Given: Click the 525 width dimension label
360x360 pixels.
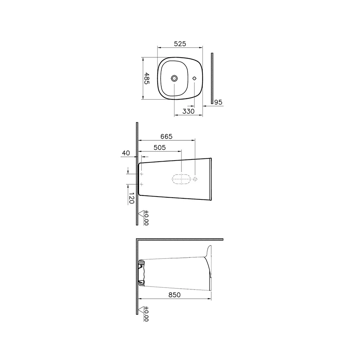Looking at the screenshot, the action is coord(180,44).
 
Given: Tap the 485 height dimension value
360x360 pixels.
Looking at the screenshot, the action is coord(147,78).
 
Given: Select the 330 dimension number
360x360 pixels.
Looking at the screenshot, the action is coord(188,111).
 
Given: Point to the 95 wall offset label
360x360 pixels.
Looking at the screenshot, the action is coord(219,102).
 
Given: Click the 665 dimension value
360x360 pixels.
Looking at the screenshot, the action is coord(166,136).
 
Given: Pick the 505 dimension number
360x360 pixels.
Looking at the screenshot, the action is coord(159,147).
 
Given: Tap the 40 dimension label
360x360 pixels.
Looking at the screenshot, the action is coord(126,153).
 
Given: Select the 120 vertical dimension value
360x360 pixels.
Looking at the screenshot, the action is coord(131,198).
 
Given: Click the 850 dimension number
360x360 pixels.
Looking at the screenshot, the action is coord(175,295).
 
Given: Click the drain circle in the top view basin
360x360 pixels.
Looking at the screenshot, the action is coord(174,78).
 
